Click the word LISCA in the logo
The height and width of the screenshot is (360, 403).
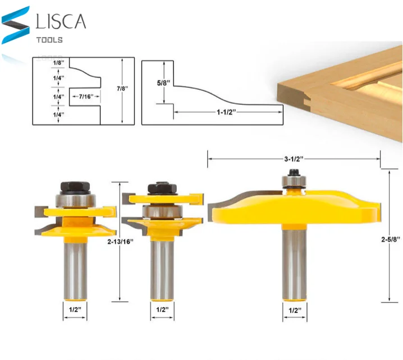pyautogui.click(x=61, y=21)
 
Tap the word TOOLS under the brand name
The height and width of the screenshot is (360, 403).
pyautogui.click(x=49, y=40)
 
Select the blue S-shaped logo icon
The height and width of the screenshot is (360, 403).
pyautogui.click(x=15, y=25)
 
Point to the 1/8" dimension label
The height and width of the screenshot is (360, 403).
pyautogui.click(x=58, y=63)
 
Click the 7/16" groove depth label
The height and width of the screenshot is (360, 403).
pyautogui.click(x=86, y=96)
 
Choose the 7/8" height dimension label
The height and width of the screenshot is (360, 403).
pyautogui.click(x=122, y=89)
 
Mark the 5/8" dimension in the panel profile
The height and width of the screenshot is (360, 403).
pyautogui.click(x=164, y=82)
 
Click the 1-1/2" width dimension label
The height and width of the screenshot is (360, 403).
pyautogui.click(x=226, y=112)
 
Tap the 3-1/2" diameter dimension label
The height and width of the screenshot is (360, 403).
pyautogui.click(x=294, y=159)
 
